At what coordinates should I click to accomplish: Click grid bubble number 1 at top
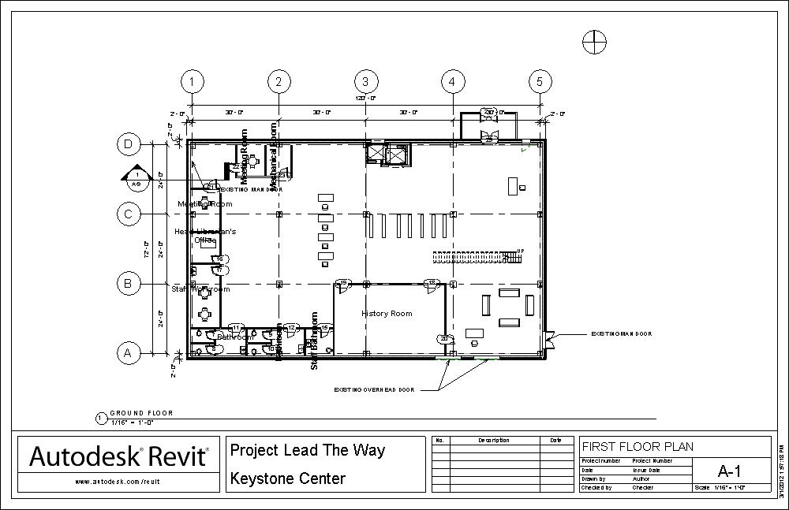coord(192,81)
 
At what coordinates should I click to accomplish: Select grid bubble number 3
coord(365,81)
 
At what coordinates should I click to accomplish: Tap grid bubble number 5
coord(540,81)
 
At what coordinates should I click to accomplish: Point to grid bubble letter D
coord(129,143)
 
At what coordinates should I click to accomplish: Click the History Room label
coord(387,314)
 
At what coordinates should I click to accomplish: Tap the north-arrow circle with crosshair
coord(594,42)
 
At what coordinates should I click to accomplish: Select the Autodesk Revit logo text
coord(119,456)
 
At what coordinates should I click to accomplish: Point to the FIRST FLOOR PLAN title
coord(638,447)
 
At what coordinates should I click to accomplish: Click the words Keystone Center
coord(287,478)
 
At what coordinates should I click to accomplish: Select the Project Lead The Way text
coord(308,450)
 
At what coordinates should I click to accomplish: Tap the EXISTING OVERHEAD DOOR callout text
coord(373,389)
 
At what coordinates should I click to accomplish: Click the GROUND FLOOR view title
coord(141,413)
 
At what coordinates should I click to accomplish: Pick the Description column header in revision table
coord(494,440)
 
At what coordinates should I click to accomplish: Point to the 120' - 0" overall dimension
coord(365,99)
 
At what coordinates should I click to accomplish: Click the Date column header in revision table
coord(556,440)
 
